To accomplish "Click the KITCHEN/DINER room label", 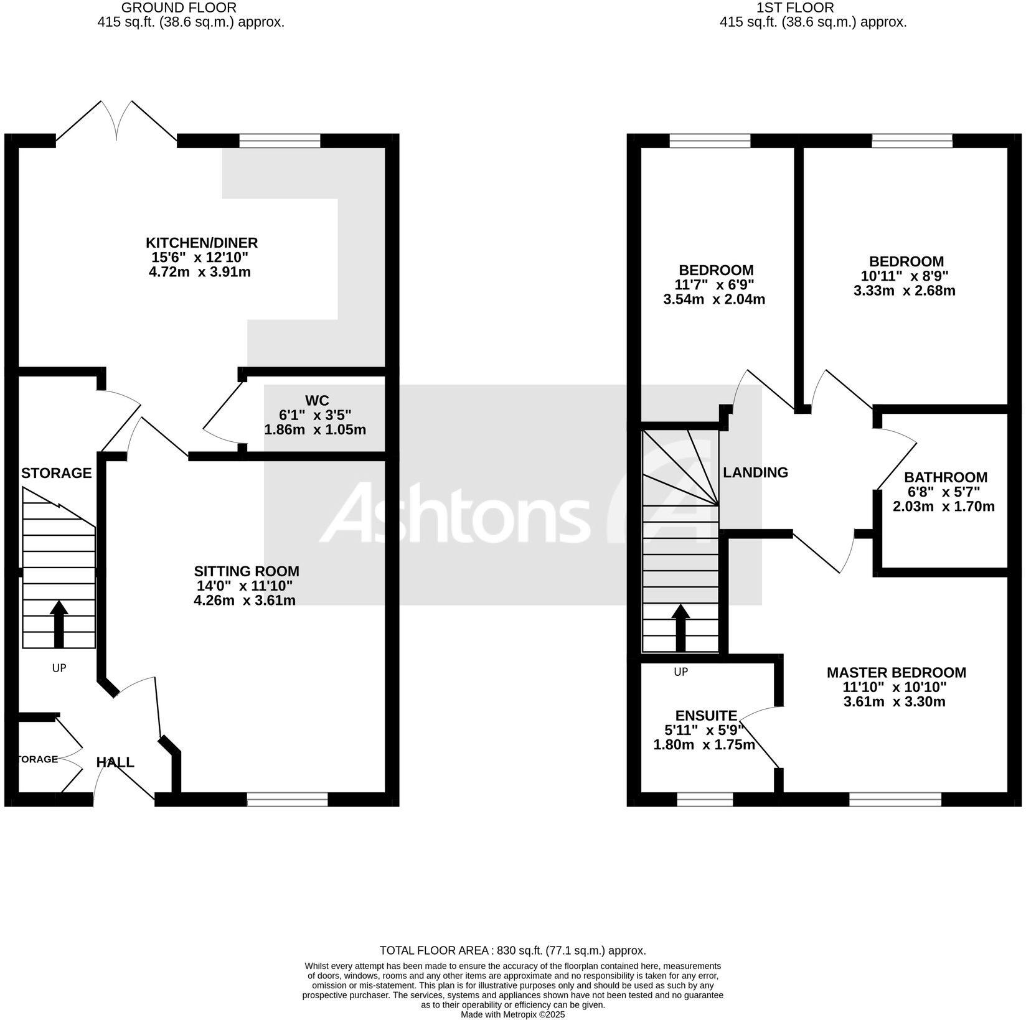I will coord(201,243).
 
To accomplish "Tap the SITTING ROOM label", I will coord(246,571).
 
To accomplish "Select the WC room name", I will coord(317,400).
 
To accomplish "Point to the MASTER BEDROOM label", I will coord(896,673).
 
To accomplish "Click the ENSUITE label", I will coord(706,716).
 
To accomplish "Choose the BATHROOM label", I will coord(945,477).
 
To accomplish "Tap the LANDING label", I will coord(755,472).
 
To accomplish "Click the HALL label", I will coord(115,762).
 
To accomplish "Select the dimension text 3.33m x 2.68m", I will coord(904,291).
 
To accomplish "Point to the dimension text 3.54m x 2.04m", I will coord(714,299).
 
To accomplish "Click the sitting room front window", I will coord(287,799).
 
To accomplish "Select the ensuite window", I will coord(705,799).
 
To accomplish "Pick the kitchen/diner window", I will coord(280,141).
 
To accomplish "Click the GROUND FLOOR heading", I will coord(178,8).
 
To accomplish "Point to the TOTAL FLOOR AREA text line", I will coord(512,950).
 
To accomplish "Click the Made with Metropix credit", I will coord(512,1014).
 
